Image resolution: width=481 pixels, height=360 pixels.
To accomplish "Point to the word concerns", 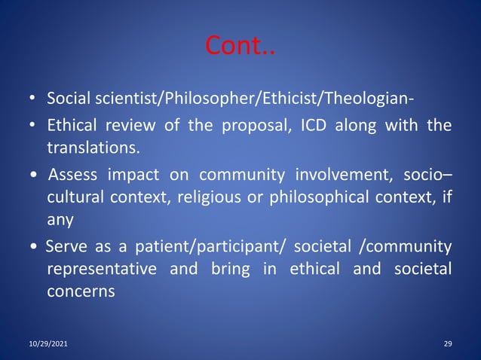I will (81, 291).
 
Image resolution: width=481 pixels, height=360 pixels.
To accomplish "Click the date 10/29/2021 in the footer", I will (47, 343).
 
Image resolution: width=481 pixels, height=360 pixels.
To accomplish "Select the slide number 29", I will (448, 343).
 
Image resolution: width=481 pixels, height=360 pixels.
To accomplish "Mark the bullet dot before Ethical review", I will (33, 125).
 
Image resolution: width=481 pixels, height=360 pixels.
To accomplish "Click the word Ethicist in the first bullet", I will (257, 99).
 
